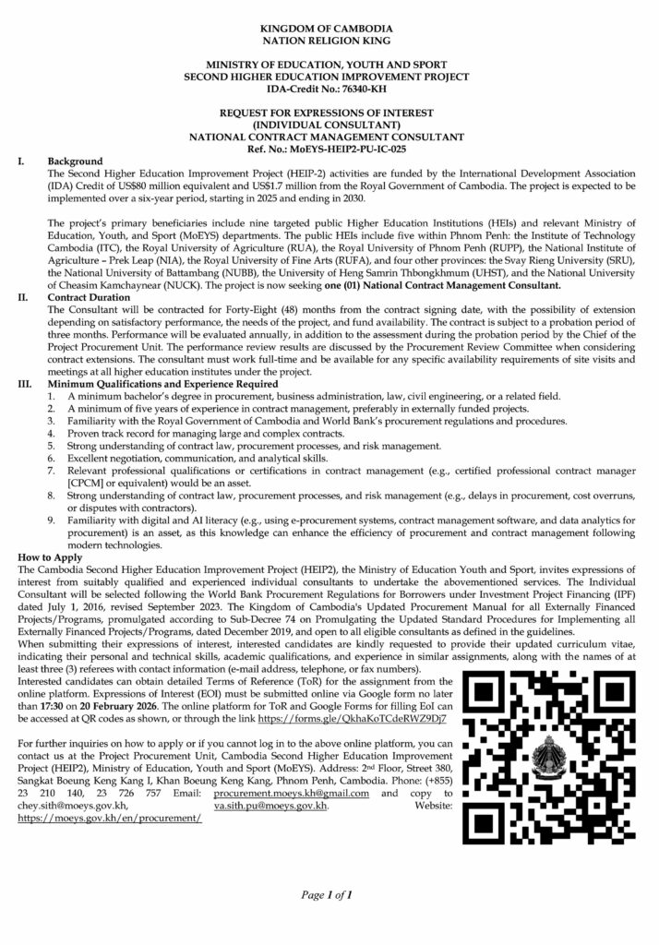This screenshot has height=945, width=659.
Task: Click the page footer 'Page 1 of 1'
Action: click(329, 895)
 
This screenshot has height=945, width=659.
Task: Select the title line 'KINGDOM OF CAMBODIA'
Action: click(328, 30)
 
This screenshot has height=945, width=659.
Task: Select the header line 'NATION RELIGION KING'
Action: click(328, 42)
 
